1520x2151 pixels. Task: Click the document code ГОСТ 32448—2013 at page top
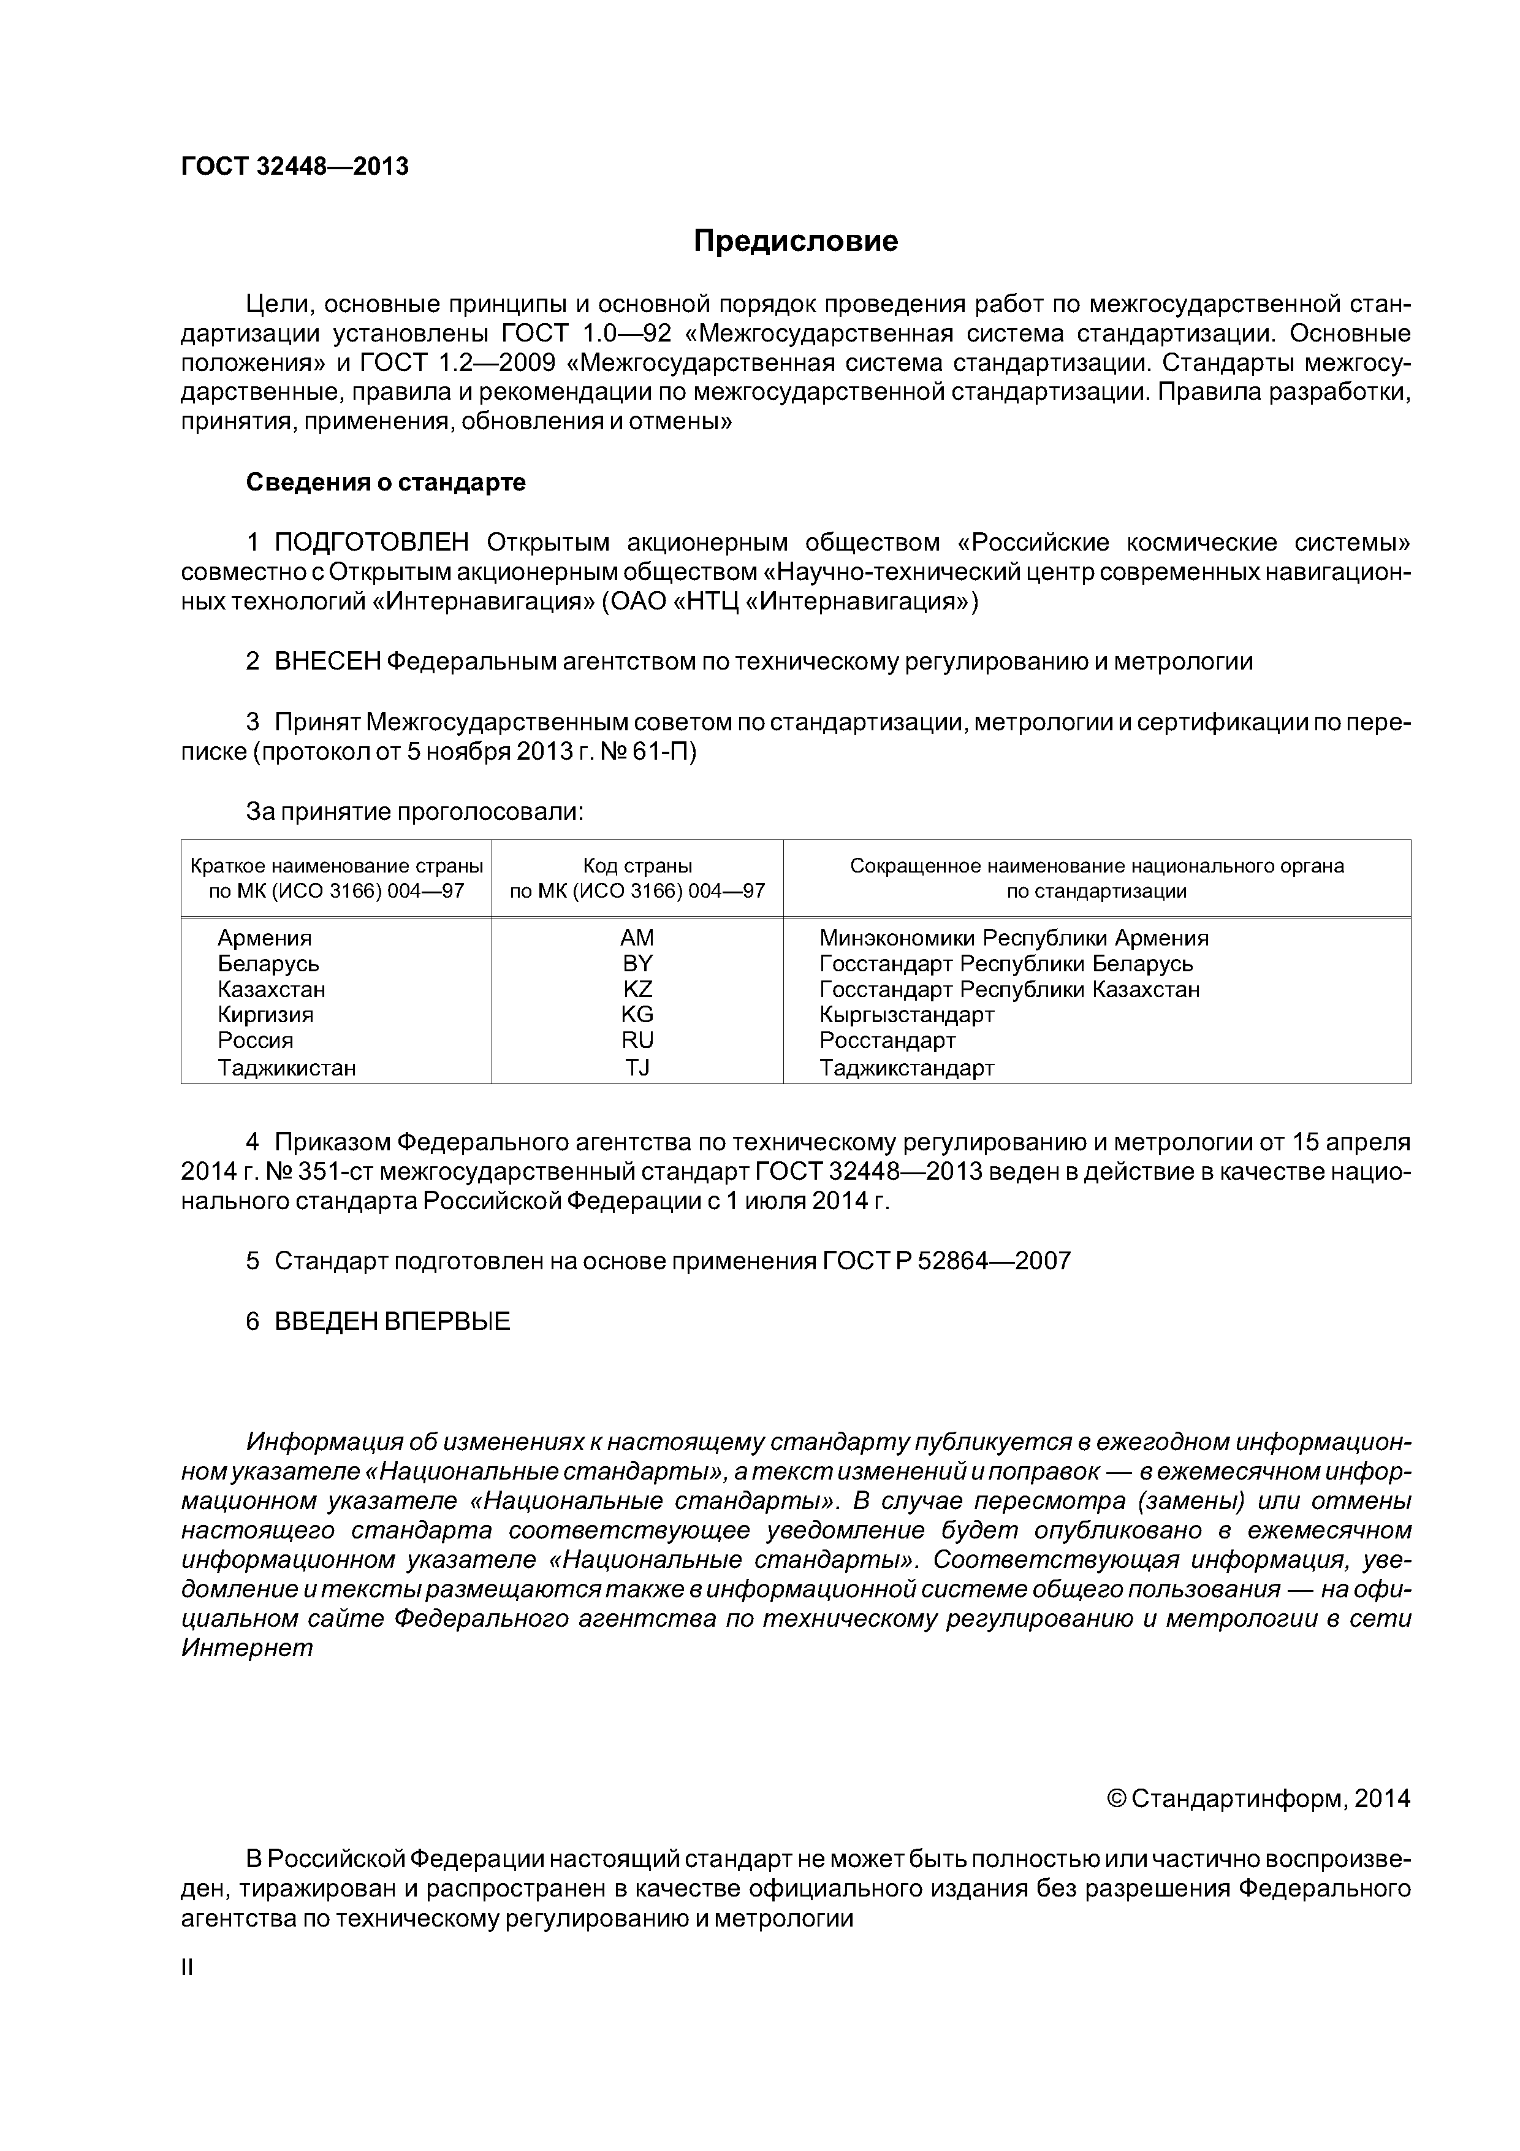(295, 167)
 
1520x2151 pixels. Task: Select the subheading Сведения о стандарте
(386, 483)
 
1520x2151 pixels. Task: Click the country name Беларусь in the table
(269, 964)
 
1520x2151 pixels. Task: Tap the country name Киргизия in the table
(266, 1015)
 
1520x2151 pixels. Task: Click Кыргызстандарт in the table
(906, 1015)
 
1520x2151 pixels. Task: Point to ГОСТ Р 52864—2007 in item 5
(946, 1261)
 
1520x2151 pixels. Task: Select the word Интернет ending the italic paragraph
(247, 1648)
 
